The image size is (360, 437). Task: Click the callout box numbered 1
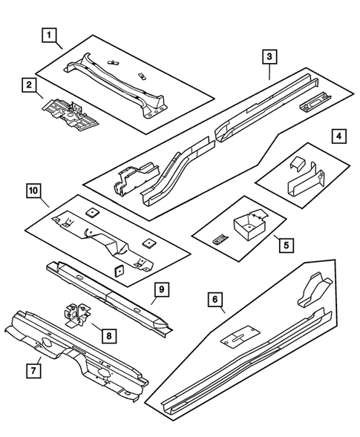coord(50,35)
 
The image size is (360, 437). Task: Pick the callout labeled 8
coord(108,335)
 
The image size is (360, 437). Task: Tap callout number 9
coord(158,289)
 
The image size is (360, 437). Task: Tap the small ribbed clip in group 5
coord(220,238)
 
